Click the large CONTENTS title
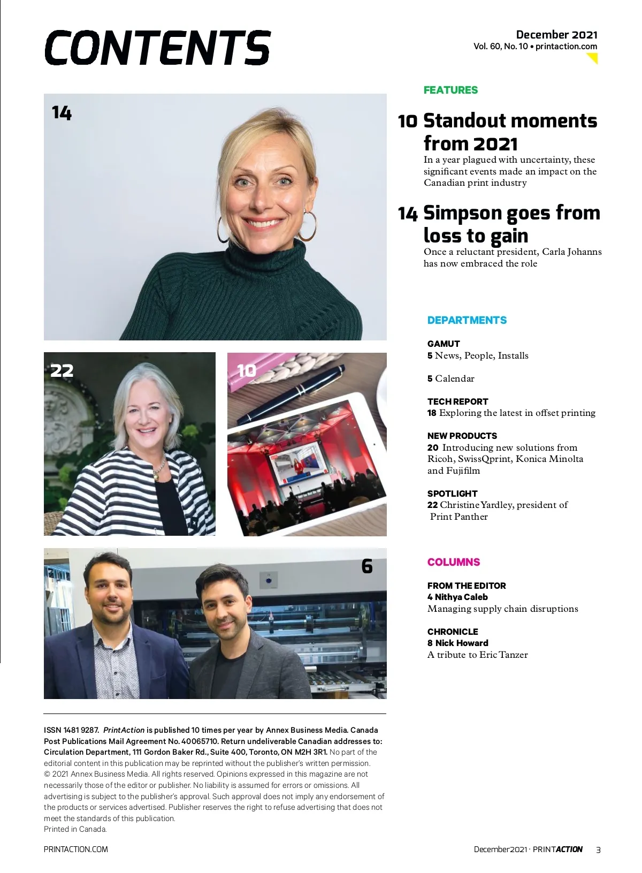[157, 48]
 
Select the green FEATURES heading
[450, 90]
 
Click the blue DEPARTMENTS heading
[467, 320]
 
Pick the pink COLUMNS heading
[454, 562]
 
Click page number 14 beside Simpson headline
[407, 214]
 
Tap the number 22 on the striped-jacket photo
[62, 370]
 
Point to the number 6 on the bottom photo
[367, 566]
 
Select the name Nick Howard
[461, 643]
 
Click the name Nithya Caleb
[461, 597]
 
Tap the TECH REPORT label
[457, 401]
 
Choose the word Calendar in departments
[454, 378]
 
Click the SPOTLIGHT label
[452, 494]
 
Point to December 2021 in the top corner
[556, 35]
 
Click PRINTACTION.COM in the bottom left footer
[76, 849]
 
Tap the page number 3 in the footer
[598, 849]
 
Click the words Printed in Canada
[75, 829]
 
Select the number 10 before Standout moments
[407, 122]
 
